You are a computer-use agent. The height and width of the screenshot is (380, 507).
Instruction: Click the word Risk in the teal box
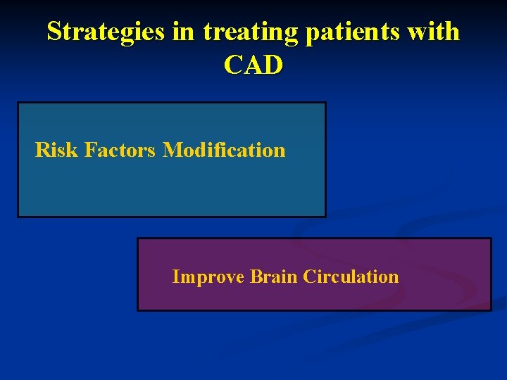pos(56,150)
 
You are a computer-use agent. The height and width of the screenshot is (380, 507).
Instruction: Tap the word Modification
pos(224,150)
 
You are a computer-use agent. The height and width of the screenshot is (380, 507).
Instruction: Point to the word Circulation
pos(351,277)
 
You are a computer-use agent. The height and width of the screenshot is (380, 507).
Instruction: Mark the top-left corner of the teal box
pos(18,103)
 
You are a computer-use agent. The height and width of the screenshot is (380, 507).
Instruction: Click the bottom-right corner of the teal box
pos(325,216)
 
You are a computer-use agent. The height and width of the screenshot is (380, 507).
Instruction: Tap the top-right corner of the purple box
pos(490,239)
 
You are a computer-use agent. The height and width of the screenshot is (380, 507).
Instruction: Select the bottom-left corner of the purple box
pos(138,310)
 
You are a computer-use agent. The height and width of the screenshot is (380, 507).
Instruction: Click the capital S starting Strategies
pos(54,32)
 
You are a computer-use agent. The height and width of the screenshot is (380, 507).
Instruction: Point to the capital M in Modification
pos(171,150)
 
